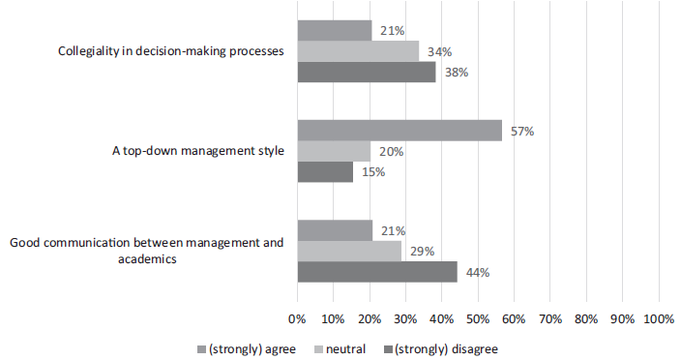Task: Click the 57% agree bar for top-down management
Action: click(399, 131)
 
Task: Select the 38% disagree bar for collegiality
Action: click(366, 73)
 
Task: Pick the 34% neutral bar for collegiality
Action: click(358, 51)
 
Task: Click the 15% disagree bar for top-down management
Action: click(325, 172)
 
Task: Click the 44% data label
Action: click(477, 273)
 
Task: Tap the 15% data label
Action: click(372, 172)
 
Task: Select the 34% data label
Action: click(438, 51)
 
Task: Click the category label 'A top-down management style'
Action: click(199, 152)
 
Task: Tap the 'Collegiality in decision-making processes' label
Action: click(170, 51)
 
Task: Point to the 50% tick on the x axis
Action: click(478, 316)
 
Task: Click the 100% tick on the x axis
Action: click(659, 316)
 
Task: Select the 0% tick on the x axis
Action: click(298, 316)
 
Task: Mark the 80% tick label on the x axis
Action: click(586, 316)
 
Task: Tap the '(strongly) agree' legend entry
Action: click(250, 347)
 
